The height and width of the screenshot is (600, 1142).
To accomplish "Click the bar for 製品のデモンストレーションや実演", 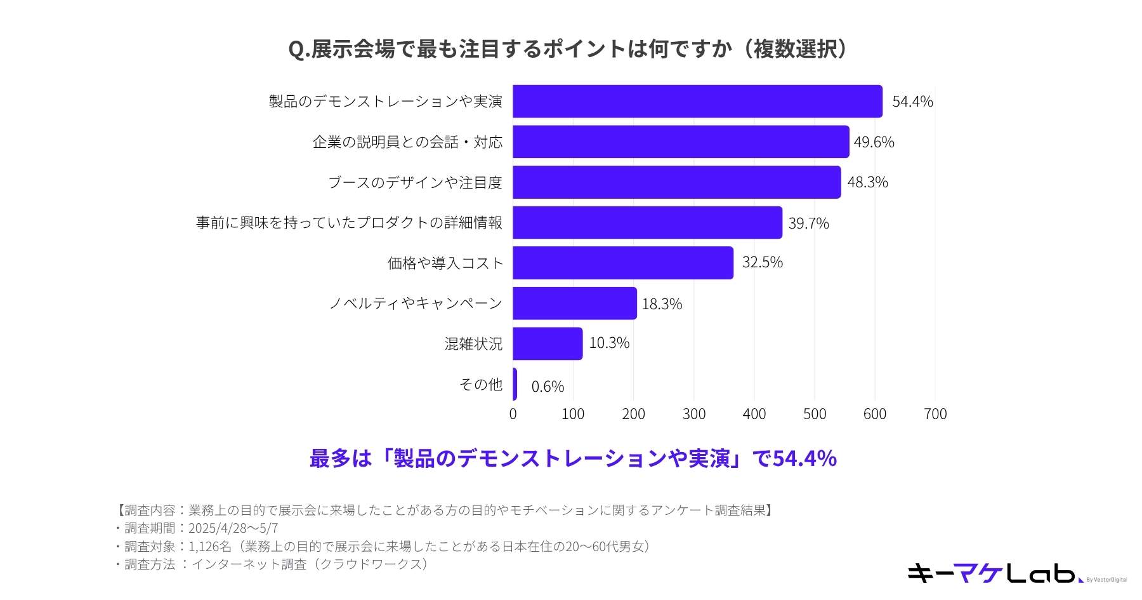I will (697, 102).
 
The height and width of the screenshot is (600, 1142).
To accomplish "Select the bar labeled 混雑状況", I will (548, 343).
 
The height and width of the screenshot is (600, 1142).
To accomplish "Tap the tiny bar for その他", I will (515, 384).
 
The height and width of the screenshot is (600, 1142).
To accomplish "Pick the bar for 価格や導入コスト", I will (623, 263).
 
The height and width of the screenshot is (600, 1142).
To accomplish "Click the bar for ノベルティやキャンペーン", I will (575, 303).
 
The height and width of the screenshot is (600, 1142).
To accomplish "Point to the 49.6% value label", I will (874, 142).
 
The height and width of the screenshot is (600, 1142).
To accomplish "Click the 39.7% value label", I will (808, 223).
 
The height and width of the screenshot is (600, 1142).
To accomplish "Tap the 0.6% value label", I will (548, 387).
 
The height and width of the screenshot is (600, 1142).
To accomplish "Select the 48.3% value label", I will (867, 182).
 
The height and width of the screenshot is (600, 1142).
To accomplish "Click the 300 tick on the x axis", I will (693, 415).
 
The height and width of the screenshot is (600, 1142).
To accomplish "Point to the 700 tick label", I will (935, 415).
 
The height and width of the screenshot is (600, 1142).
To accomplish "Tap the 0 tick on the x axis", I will (513, 415).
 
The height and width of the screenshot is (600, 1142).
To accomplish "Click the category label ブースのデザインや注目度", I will (415, 183).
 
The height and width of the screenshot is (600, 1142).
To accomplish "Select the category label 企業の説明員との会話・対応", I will (407, 142).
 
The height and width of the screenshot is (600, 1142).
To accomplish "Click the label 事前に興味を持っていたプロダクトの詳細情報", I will (349, 223).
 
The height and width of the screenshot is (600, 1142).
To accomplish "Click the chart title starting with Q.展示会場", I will (568, 49).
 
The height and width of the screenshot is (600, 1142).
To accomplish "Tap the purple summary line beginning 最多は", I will (573, 458).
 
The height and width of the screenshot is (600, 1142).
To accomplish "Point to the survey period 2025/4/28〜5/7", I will (233, 528).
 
